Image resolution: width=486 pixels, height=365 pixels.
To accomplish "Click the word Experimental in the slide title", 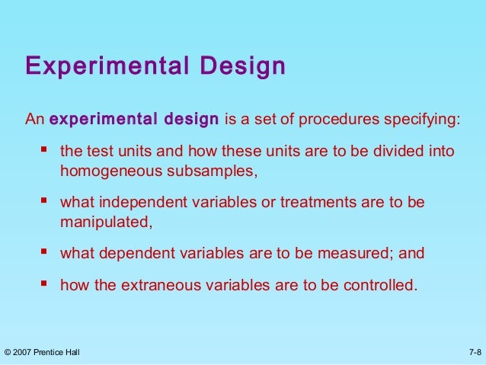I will pos(105,67).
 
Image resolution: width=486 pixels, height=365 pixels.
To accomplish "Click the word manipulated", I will pos(106,223).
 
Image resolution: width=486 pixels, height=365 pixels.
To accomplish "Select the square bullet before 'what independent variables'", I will pos(44,203).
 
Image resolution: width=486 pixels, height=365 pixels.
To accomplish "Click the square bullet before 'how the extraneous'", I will pos(44,287).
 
